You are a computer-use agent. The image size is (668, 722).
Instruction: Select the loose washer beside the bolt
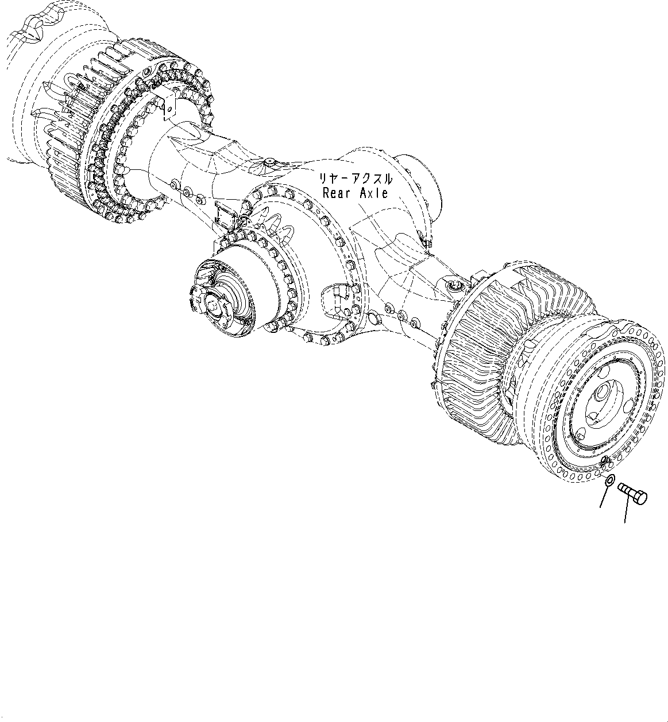pyautogui.click(x=611, y=480)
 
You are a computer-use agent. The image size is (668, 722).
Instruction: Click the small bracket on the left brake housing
pyautogui.click(x=167, y=103)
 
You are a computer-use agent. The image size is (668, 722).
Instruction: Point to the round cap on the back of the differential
pyautogui.click(x=422, y=184)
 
